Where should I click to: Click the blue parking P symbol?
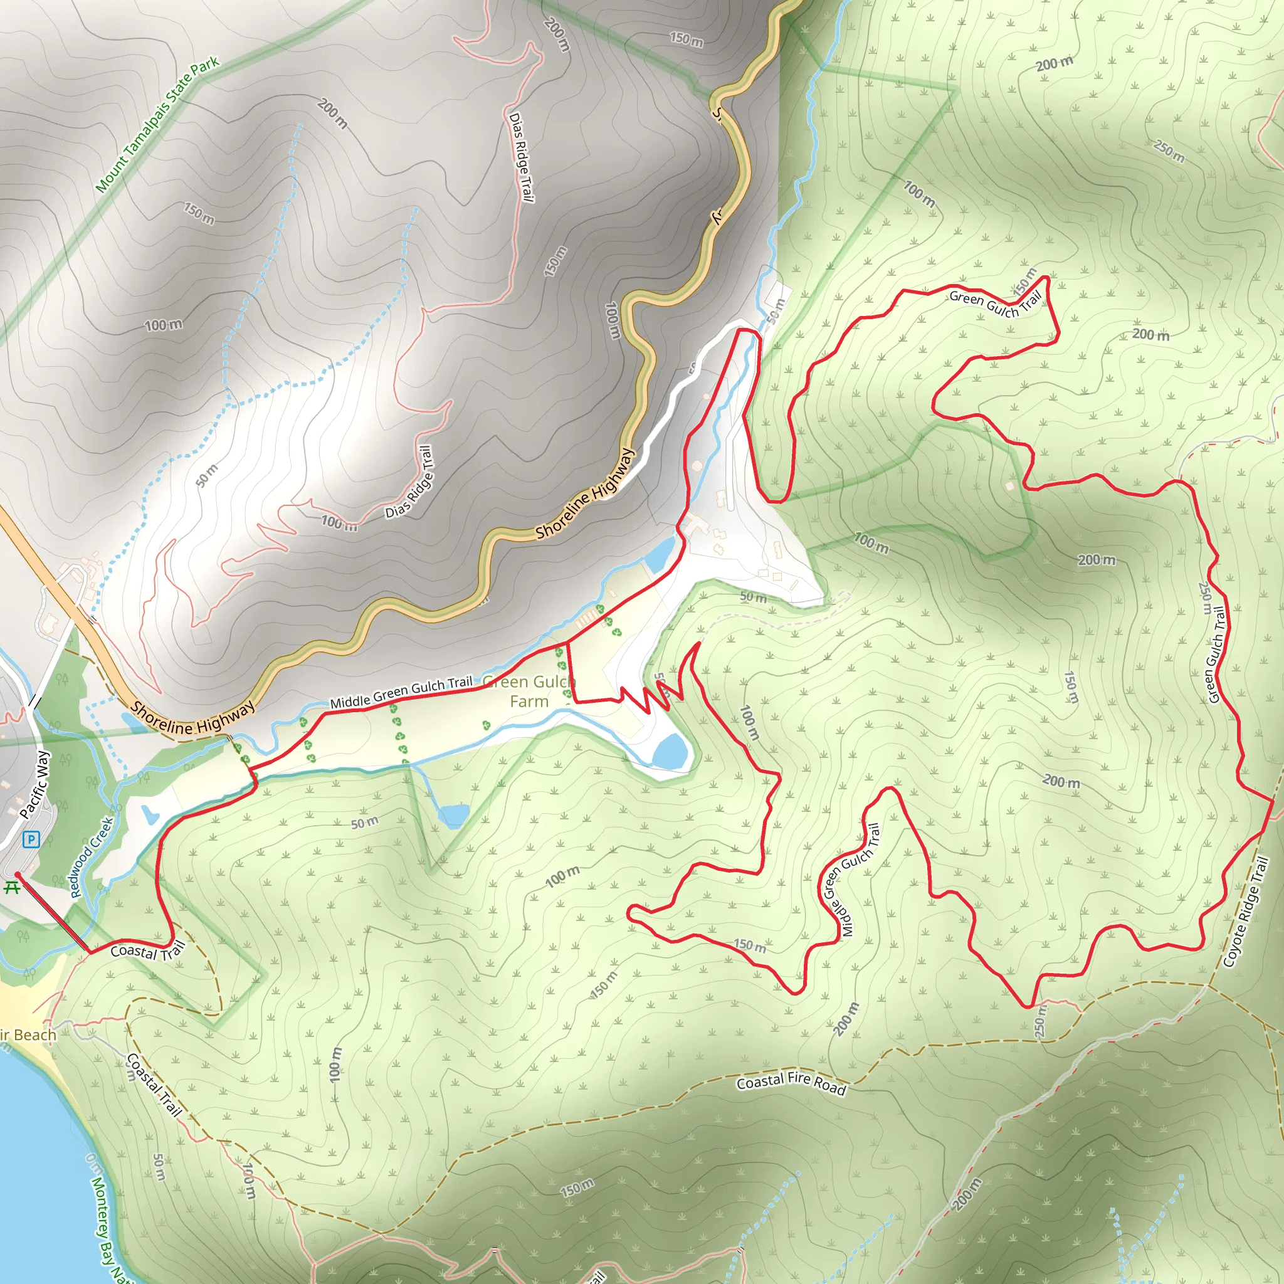click(x=31, y=840)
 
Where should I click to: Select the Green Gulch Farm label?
click(x=529, y=691)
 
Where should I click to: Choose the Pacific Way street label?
click(x=34, y=785)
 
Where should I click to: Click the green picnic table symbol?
click(x=11, y=887)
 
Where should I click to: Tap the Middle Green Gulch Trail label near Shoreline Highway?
click(x=401, y=692)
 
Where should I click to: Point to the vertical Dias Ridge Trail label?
click(x=522, y=157)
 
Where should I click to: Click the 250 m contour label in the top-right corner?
click(x=1169, y=152)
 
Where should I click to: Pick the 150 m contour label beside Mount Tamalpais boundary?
click(x=199, y=213)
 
